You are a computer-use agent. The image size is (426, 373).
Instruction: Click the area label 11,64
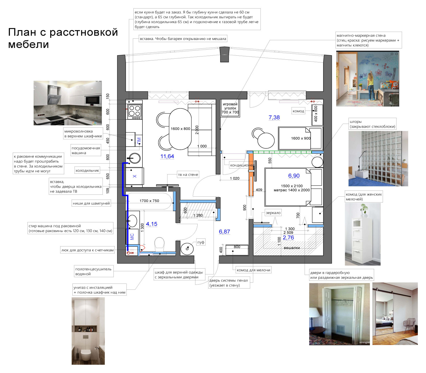[x=167, y=156]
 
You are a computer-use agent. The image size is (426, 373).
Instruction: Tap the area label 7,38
[x=274, y=117]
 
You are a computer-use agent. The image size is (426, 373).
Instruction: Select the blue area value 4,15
[x=151, y=224]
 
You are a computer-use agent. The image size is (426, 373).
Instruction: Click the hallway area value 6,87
[x=224, y=232]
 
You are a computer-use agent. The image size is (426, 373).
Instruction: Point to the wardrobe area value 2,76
[x=288, y=238]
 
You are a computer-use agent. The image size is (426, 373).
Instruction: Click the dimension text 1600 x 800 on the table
[x=180, y=129]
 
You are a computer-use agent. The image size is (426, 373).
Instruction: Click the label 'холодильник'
[x=87, y=171]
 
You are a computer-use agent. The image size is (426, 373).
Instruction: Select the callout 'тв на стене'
[x=188, y=175]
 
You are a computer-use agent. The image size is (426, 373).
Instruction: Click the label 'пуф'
[x=201, y=242]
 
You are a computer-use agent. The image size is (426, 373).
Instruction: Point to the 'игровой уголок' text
[x=230, y=106]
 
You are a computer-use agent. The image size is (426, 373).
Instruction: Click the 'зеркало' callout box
[x=273, y=213]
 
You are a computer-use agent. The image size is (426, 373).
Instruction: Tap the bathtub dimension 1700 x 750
[x=149, y=201]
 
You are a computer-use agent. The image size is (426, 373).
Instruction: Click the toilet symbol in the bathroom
[x=159, y=244]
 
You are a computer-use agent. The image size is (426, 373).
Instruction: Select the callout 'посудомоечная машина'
[x=86, y=151]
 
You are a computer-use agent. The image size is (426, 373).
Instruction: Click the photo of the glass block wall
[x=378, y=159]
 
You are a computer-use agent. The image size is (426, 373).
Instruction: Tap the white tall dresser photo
[x=362, y=234]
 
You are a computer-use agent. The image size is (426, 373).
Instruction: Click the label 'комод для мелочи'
[x=253, y=270]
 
